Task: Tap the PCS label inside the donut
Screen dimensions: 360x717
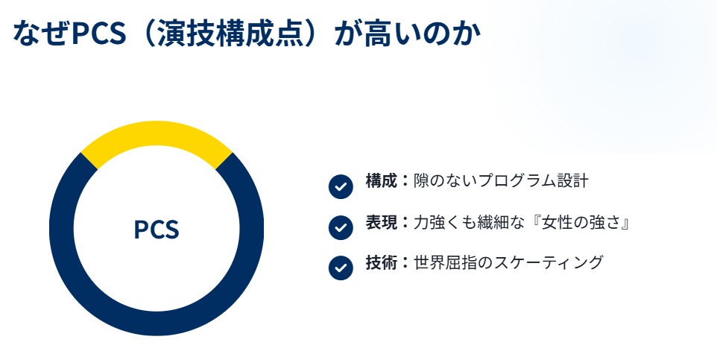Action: coord(157,230)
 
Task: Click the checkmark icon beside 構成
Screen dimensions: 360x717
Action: coord(340,186)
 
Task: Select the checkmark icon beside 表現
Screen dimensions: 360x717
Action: coord(340,227)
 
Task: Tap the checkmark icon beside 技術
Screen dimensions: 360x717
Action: coord(340,268)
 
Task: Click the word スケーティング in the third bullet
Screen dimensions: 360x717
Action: coord(552,262)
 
